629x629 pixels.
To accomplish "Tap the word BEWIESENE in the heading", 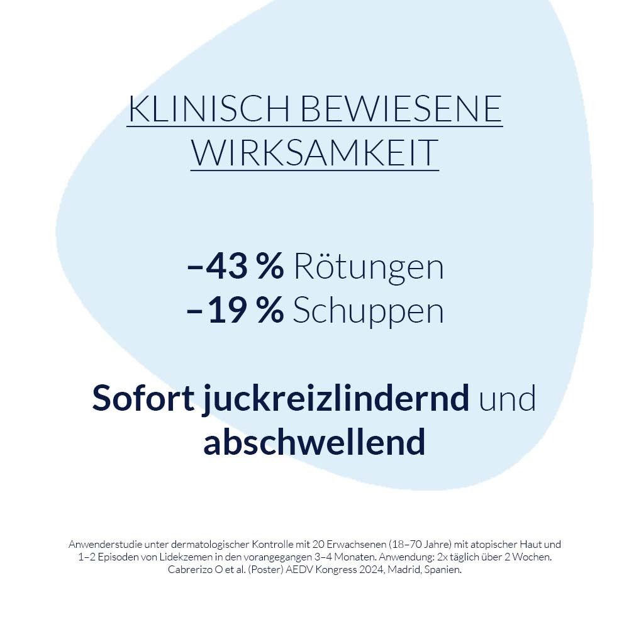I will coord(401,109).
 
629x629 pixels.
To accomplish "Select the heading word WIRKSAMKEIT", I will coord(314,152).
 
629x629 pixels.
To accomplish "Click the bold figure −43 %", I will coord(236,267).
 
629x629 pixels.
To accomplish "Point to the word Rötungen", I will coord(368,267).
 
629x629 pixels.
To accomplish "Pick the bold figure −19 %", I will coord(236,311).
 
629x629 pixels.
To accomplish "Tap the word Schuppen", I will coord(368,311).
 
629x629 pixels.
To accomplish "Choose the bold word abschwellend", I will coord(314,442).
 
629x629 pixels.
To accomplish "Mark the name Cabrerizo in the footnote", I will coord(190,571).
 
